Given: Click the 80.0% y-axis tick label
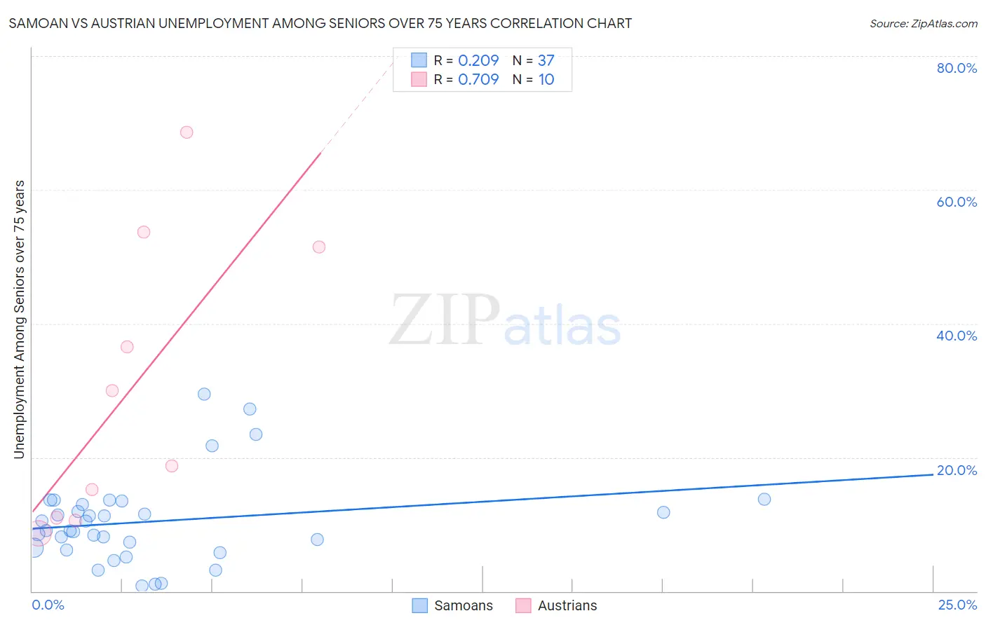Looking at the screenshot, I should click(957, 68).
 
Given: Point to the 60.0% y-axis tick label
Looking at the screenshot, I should click(957, 202).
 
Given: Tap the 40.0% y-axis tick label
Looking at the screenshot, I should click(957, 336).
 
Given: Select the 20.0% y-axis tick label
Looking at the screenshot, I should click(957, 470).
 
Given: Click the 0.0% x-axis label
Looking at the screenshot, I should click(48, 605).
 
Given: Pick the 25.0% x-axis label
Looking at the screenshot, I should click(957, 605).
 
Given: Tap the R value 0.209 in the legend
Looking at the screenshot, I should click(478, 61).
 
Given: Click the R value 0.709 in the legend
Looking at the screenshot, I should click(478, 80).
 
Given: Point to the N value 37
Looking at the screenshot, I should click(546, 61).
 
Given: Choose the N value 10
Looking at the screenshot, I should click(546, 80).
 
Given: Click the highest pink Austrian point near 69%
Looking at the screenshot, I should click(187, 132).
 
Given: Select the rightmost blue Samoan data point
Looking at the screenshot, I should click(764, 500).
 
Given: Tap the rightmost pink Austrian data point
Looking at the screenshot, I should click(319, 247).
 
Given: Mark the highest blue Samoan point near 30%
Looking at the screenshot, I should click(204, 394).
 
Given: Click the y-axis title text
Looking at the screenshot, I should click(19, 320).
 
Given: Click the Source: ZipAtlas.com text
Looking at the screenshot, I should click(923, 24).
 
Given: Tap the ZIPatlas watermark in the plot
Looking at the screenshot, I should click(504, 322).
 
